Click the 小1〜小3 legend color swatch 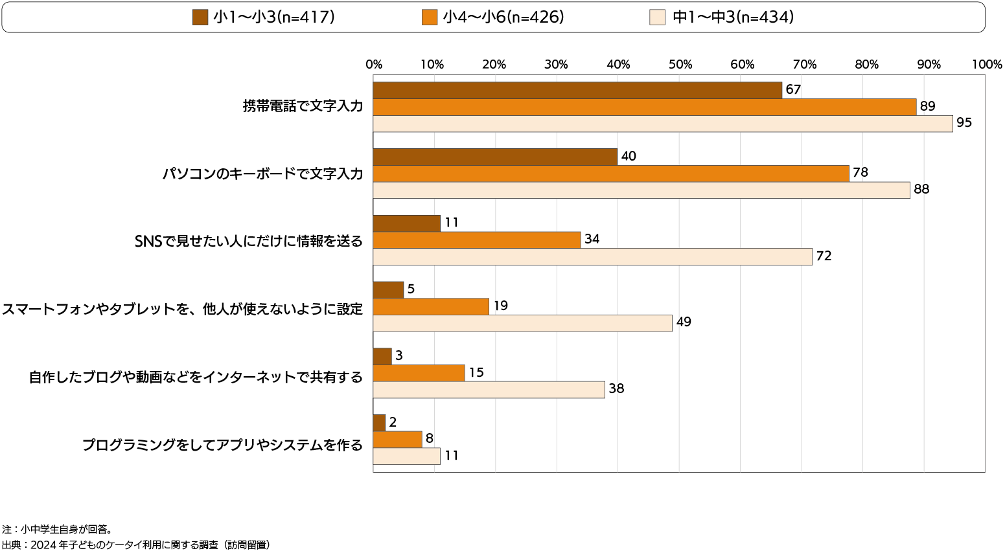pyautogui.click(x=200, y=17)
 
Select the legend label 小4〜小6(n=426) pyautogui.click(x=503, y=17)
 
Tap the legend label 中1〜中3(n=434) pyautogui.click(x=733, y=17)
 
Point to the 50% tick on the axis pyautogui.click(x=680, y=65)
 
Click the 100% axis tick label pyautogui.click(x=987, y=65)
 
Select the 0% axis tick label pyautogui.click(x=374, y=65)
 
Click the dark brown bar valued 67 pyautogui.click(x=577, y=90)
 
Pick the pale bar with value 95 pyautogui.click(x=663, y=124)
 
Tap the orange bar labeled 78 pyautogui.click(x=611, y=174)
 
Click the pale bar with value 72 pyautogui.click(x=592, y=256)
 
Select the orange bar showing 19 pyautogui.click(x=431, y=306)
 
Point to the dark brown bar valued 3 pyautogui.click(x=382, y=356)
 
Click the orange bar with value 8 pyautogui.click(x=398, y=440)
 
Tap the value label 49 pyautogui.click(x=684, y=322)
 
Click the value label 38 pyautogui.click(x=616, y=389)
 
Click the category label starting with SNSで pyautogui.click(x=248, y=241)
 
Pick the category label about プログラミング pyautogui.click(x=222, y=445)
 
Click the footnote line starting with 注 pyautogui.click(x=58, y=529)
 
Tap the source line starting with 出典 pyautogui.click(x=135, y=545)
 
